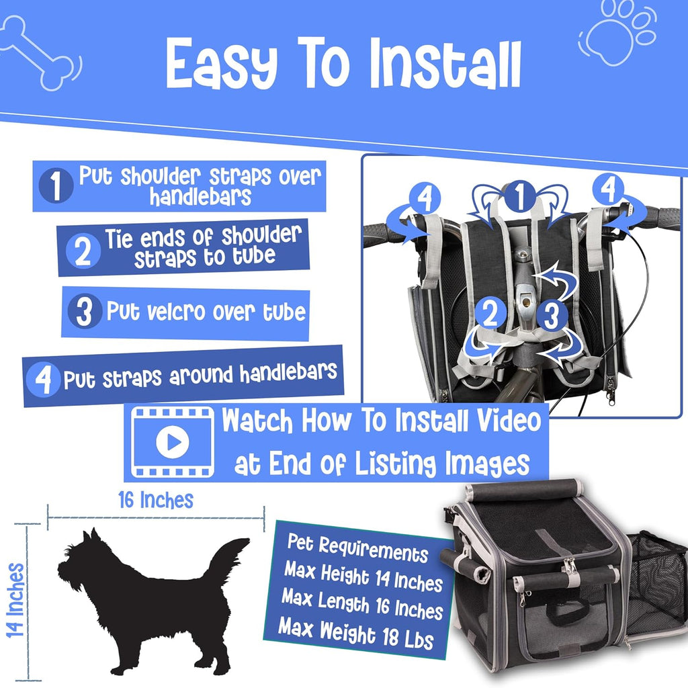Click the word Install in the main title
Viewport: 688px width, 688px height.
click(x=445, y=64)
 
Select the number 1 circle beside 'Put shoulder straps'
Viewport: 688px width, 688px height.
click(x=56, y=185)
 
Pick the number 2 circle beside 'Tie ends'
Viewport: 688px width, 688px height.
click(x=83, y=251)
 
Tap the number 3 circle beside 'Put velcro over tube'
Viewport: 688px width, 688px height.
click(x=85, y=311)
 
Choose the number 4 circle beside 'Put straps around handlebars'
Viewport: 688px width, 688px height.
click(x=42, y=380)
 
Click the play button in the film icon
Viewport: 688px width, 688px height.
click(x=173, y=442)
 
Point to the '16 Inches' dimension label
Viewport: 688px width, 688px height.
click(x=156, y=500)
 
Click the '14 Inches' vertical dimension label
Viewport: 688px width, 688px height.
click(x=16, y=600)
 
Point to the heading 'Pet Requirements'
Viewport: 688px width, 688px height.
click(x=357, y=548)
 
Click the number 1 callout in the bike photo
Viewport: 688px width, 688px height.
click(x=519, y=197)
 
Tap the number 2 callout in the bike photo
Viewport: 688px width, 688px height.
click(x=490, y=313)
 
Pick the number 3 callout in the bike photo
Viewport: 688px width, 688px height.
click(x=551, y=315)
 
